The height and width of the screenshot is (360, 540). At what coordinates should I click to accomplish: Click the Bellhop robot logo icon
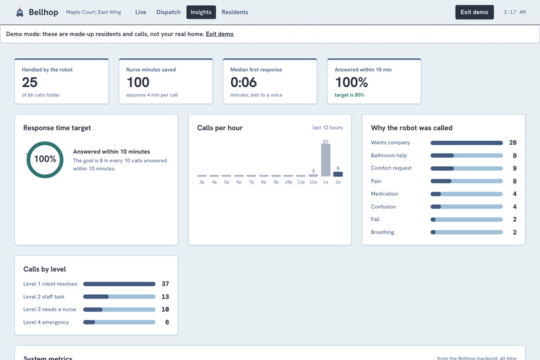20,12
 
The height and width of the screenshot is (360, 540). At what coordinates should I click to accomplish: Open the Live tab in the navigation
141,12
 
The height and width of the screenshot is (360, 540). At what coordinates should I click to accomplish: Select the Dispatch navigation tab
168,12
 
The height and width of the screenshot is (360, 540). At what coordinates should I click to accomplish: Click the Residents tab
235,12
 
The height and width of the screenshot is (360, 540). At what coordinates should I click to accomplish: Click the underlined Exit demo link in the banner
220,34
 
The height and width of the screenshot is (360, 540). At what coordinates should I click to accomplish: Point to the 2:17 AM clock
515,12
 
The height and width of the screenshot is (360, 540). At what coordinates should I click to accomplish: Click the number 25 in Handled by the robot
29,82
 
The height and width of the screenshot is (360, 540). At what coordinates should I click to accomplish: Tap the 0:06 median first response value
243,82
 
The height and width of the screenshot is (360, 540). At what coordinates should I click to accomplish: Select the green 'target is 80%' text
349,95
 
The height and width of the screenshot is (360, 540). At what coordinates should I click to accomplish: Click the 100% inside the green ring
45,159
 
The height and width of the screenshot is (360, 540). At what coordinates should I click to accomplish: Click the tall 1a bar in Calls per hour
326,160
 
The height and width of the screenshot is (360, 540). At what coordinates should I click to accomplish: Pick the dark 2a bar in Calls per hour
338,174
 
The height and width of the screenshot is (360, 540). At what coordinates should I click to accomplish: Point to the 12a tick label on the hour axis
313,182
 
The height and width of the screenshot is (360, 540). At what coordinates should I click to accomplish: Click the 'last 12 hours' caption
328,127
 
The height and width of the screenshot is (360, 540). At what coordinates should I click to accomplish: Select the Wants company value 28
513,143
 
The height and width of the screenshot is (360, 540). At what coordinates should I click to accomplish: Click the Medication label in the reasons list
385,194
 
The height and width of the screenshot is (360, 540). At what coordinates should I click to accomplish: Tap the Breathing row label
383,232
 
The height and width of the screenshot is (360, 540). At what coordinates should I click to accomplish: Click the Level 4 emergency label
46,322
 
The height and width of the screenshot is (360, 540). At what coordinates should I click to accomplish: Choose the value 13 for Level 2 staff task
165,296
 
